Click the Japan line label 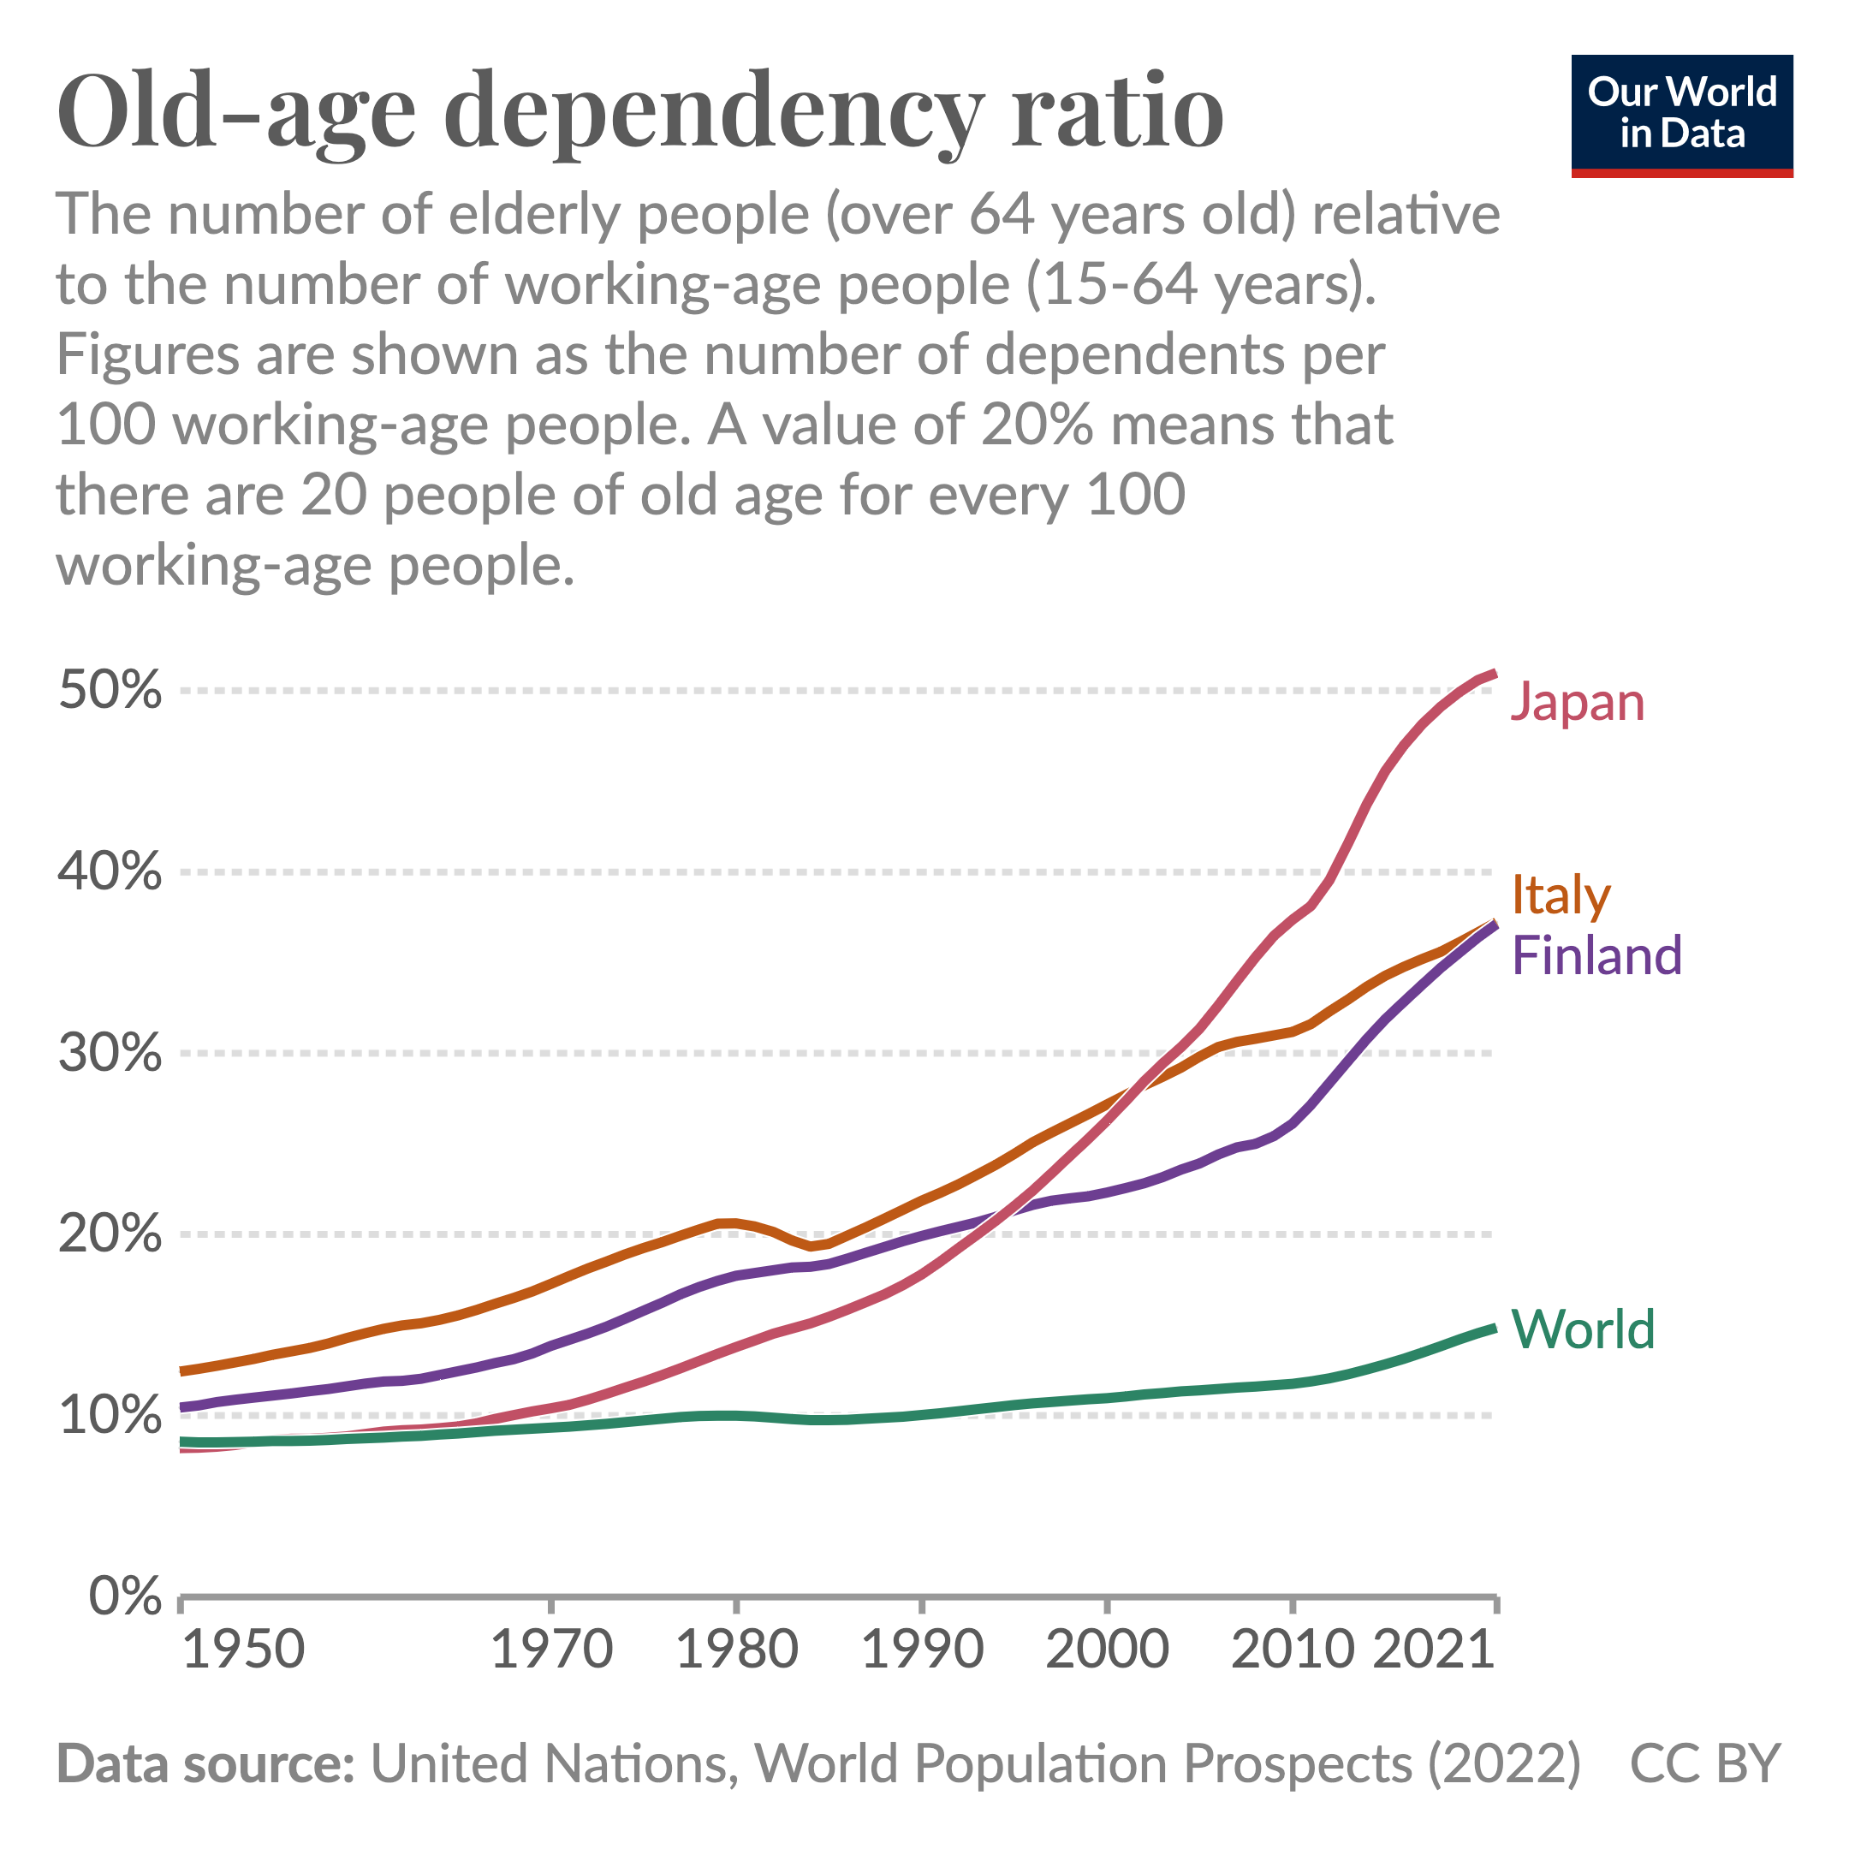click(1577, 704)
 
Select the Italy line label click(1561, 895)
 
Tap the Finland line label click(1596, 956)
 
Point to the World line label click(1583, 1329)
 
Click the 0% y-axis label click(125, 1596)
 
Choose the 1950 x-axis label click(243, 1650)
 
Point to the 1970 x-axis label click(551, 1650)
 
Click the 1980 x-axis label click(737, 1650)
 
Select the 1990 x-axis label click(923, 1650)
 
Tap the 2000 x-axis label click(1108, 1650)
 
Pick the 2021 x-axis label click(1434, 1650)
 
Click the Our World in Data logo click(1681, 116)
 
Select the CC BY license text click(1704, 1763)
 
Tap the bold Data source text click(205, 1763)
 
